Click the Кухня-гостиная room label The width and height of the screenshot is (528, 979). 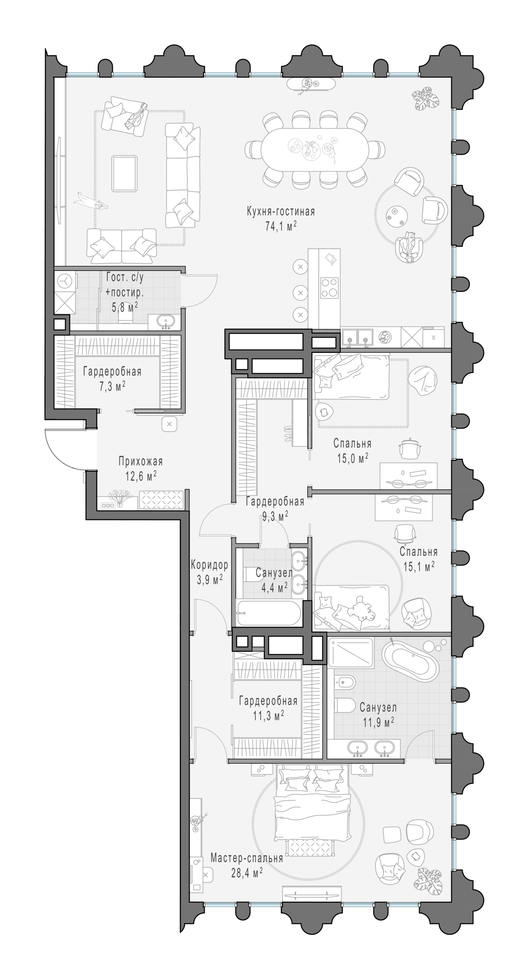click(280, 212)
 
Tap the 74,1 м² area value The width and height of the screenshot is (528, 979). click(280, 226)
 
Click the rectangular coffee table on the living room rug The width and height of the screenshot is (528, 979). click(125, 173)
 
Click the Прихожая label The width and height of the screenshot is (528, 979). click(141, 462)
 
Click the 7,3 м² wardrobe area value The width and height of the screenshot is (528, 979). click(112, 387)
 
